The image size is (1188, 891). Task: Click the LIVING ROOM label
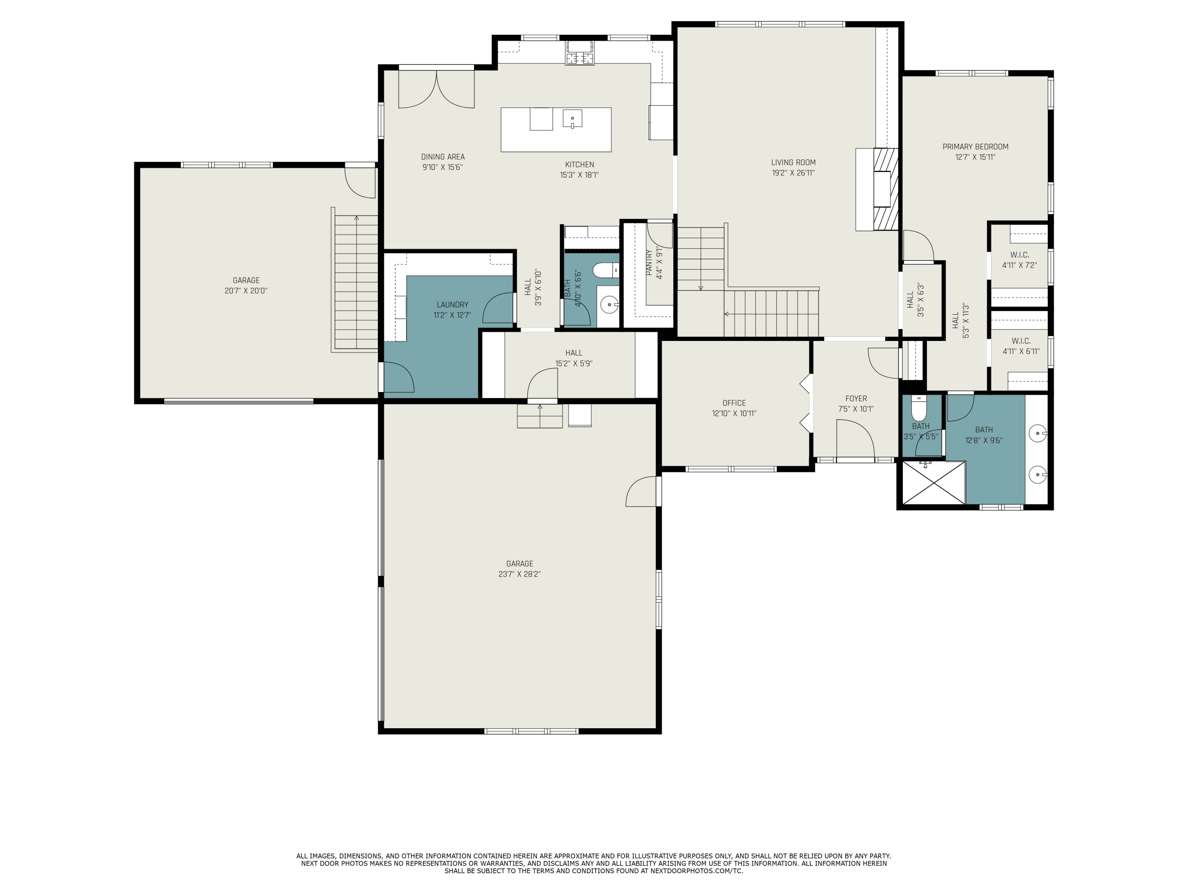pos(793,162)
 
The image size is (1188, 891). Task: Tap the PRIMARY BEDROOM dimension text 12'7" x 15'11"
pos(975,157)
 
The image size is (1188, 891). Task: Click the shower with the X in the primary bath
pos(934,482)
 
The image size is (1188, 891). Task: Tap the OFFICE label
pos(734,403)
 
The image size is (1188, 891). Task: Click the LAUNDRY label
pos(452,305)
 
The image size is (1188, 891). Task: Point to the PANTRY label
pos(649,263)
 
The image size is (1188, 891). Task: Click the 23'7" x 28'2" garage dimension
pos(519,574)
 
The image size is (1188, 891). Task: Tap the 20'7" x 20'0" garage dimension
pos(246,291)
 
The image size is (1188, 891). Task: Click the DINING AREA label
pos(443,157)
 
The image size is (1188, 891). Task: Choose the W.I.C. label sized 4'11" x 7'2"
pos(1019,255)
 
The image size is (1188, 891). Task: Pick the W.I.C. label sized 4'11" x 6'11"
pos(1020,341)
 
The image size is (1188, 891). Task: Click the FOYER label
pos(855,398)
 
